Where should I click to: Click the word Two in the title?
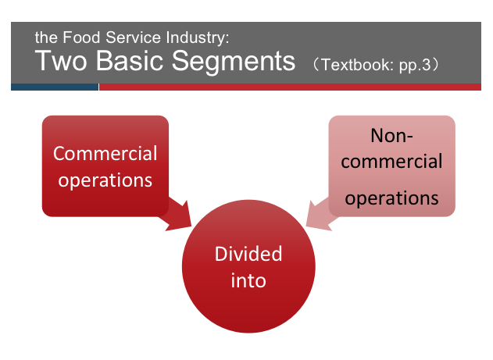pyautogui.click(x=61, y=60)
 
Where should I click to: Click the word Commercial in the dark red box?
pyautogui.click(x=105, y=153)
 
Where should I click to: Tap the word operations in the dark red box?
pyautogui.click(x=105, y=180)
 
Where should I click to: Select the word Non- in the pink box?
pyautogui.click(x=391, y=136)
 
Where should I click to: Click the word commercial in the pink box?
pyautogui.click(x=391, y=162)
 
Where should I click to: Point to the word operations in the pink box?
pyautogui.click(x=391, y=198)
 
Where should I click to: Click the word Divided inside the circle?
pyautogui.click(x=248, y=255)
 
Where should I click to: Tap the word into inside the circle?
pyautogui.click(x=248, y=280)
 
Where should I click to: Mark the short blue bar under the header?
pyautogui.click(x=55, y=87)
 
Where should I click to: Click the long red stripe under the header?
pyautogui.click(x=289, y=87)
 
